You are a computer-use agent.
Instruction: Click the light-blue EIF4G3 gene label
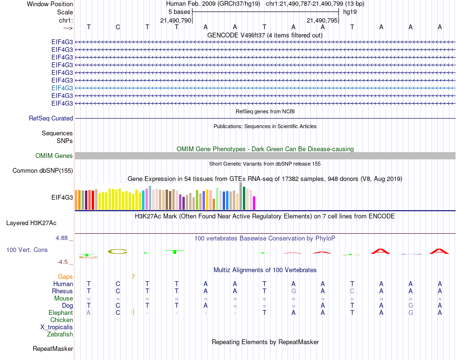[62, 88]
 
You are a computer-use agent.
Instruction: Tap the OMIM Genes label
[54, 156]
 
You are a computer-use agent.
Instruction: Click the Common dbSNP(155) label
[43, 170]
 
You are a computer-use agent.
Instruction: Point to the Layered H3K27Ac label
[31, 223]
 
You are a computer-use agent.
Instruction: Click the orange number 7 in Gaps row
[133, 276]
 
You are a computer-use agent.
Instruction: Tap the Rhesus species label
[62, 291]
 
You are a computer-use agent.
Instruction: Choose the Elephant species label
[61, 312]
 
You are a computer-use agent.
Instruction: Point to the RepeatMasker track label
[53, 348]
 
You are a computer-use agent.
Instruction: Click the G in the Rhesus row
[293, 291]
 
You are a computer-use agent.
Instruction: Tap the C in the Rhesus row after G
[352, 291]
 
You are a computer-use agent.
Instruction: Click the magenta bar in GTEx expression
[254, 203]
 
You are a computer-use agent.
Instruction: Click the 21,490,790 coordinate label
[176, 20]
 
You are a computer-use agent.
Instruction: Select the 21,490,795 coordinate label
[322, 20]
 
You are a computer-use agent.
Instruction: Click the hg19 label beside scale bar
[349, 12]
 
